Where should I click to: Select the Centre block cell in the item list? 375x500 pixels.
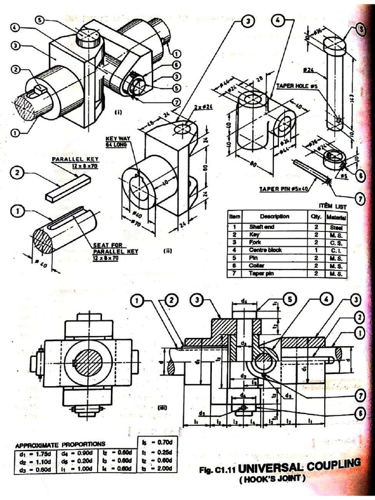coord(265,250)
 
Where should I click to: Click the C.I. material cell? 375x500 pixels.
coord(336,250)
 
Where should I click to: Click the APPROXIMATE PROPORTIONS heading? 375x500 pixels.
coord(60,444)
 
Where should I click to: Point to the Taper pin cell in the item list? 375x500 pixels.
coord(262,273)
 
